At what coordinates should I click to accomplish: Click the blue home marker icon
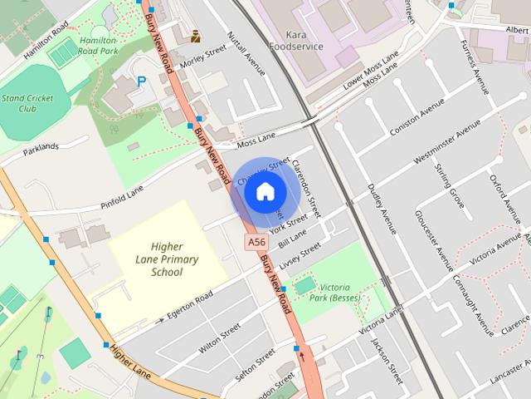click(x=264, y=192)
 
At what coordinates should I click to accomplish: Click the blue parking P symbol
click(x=141, y=81)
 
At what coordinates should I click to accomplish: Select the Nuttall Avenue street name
click(x=246, y=54)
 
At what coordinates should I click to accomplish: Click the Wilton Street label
click(x=219, y=340)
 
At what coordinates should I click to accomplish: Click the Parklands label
click(x=41, y=147)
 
